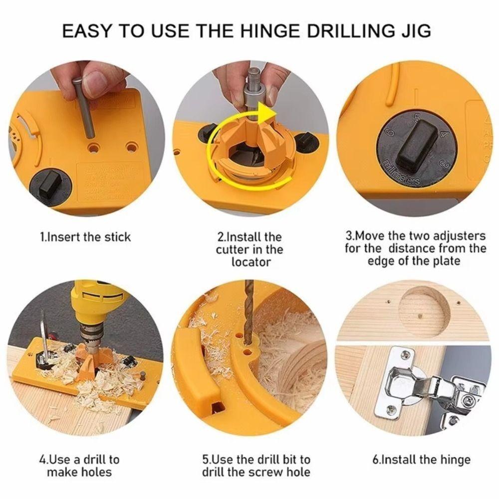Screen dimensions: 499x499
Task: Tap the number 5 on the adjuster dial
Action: (417, 118)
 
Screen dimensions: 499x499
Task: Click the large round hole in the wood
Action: (424, 312)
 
